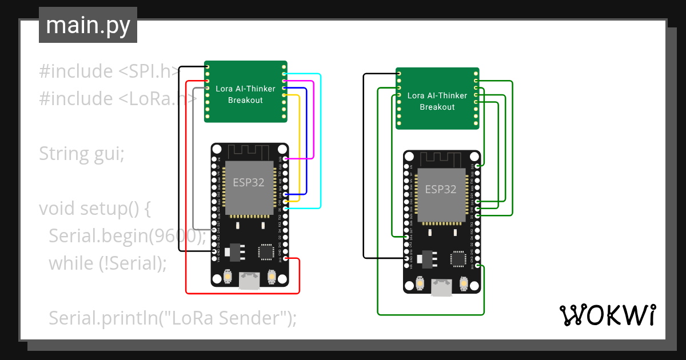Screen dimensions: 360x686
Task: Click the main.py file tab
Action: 87,25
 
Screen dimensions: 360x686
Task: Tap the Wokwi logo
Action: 607,315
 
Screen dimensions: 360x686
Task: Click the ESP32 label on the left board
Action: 249,183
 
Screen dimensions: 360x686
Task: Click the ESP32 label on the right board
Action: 441,189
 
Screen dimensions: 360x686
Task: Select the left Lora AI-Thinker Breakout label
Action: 245,94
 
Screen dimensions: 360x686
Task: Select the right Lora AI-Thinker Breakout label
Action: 437,101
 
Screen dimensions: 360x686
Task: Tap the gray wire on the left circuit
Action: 194,160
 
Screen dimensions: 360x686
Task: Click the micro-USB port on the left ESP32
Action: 248,281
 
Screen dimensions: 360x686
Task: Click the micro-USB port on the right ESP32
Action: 440,288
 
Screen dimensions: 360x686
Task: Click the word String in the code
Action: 63,154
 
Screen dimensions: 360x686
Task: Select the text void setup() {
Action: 95,209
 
